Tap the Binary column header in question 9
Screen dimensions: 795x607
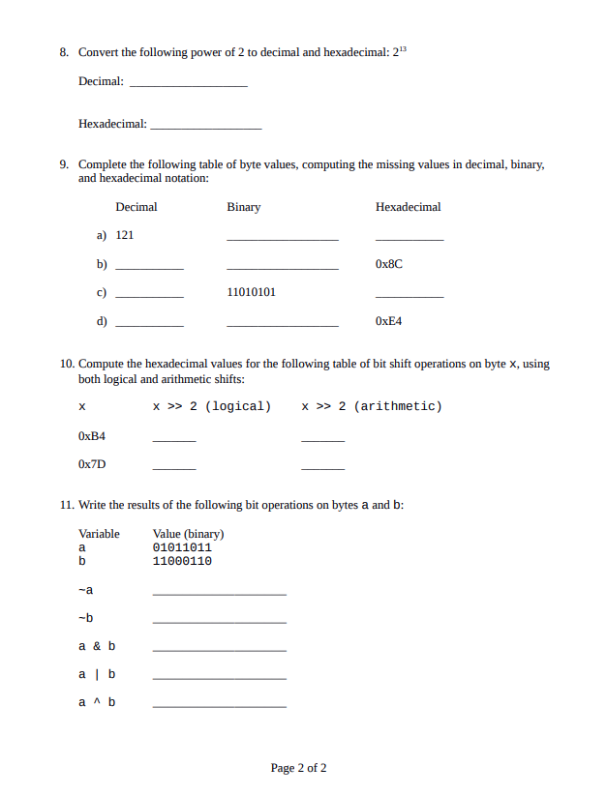click(243, 207)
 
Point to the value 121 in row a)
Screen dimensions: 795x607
click(124, 235)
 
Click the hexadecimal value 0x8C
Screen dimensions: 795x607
click(388, 263)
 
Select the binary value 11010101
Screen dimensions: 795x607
click(251, 292)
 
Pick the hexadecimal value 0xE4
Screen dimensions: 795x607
click(388, 320)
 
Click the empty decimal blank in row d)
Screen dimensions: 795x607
click(149, 324)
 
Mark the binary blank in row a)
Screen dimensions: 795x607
click(283, 239)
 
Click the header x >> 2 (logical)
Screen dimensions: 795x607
click(212, 406)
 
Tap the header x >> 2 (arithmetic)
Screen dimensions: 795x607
click(372, 406)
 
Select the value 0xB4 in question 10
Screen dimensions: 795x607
click(92, 436)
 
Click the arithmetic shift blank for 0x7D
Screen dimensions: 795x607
click(322, 468)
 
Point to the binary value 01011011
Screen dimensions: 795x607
click(182, 547)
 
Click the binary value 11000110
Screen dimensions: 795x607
click(182, 561)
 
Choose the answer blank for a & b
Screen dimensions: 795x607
click(220, 649)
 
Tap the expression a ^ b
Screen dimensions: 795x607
click(97, 702)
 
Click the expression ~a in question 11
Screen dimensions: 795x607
click(85, 590)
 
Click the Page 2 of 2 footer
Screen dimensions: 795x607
click(298, 768)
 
